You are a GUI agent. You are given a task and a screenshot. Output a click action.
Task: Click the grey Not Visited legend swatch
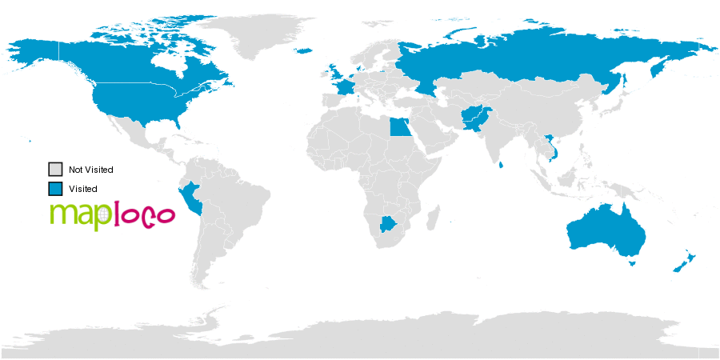(x=55, y=170)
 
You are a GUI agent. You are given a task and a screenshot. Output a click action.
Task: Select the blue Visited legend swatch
(x=55, y=189)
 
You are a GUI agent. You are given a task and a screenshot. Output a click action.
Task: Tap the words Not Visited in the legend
(x=90, y=170)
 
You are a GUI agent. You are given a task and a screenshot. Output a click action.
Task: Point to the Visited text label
(x=82, y=189)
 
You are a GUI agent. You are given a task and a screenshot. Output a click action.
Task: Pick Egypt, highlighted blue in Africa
(x=400, y=127)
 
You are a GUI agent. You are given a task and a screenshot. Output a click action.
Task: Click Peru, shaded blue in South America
(x=191, y=198)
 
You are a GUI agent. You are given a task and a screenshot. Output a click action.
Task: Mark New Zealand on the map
(x=687, y=261)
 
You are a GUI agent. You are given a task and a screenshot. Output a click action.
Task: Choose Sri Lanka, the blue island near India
(x=500, y=166)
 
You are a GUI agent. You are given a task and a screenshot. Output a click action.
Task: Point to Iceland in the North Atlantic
(x=304, y=51)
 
